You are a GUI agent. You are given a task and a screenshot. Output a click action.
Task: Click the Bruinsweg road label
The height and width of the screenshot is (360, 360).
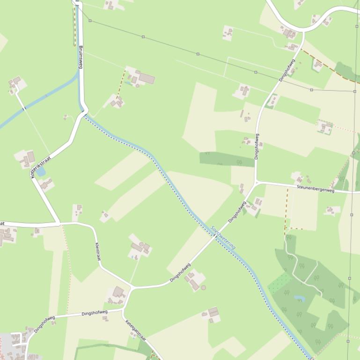coord(81,57)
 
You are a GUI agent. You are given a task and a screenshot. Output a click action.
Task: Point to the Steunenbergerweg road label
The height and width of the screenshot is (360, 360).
coord(316,188)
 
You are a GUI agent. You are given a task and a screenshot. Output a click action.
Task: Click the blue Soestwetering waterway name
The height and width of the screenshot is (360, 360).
coord(223,238)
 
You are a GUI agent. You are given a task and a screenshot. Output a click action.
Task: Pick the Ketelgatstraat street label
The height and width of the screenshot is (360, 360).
coord(136,331)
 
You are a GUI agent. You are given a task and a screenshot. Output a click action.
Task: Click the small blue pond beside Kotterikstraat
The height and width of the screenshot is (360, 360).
coord(41,172)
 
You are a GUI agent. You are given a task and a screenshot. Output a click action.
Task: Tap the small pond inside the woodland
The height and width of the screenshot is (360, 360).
coord(299,297)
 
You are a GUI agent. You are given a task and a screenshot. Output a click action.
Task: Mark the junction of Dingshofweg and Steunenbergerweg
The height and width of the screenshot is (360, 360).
coord(256,181)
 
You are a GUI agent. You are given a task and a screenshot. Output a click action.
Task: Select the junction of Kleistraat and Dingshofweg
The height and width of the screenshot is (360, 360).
coord(132,287)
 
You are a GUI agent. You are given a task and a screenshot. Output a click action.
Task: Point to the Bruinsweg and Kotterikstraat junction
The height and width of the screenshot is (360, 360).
coord(85,113)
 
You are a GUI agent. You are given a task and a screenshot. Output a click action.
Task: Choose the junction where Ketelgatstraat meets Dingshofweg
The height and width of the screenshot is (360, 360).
coord(123,309)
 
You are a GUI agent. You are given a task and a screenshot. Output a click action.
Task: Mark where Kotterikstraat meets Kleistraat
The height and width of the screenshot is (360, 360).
coord(59,223)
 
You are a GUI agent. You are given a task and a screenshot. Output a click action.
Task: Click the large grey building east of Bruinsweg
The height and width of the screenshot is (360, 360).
coord(147,78)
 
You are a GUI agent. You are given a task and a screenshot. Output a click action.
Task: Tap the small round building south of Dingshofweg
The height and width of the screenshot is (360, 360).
coord(203,287)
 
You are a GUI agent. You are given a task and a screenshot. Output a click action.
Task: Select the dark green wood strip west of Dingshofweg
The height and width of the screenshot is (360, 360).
coord(220,159)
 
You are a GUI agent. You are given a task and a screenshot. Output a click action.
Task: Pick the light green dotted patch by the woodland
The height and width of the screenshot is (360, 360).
coord(280,282)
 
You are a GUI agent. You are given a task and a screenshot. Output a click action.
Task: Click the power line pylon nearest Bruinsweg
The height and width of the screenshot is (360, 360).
coord(90,21)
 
